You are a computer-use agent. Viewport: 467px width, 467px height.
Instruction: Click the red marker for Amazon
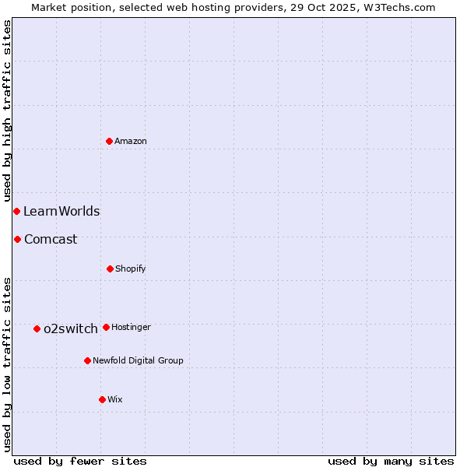coord(109,141)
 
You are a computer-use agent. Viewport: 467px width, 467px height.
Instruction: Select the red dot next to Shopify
coord(110,269)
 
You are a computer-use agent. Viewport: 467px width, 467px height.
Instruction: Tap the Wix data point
coord(102,399)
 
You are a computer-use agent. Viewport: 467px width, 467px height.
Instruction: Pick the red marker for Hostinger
coord(106,327)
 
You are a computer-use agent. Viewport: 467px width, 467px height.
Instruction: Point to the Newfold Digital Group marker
coord(87,360)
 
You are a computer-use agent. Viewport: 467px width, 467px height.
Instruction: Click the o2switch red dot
coord(37,328)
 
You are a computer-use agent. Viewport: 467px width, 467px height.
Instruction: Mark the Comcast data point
coord(17,239)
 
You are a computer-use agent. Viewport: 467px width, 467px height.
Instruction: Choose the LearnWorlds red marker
coord(16,211)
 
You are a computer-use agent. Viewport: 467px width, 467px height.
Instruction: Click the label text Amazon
coord(131,141)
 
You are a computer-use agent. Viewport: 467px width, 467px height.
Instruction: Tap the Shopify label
coord(131,269)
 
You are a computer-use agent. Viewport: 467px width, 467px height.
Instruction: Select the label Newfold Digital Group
coord(138,360)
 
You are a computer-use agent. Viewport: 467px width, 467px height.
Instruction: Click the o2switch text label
coord(71,328)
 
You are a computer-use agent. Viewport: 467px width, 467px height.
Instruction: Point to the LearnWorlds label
coord(61,211)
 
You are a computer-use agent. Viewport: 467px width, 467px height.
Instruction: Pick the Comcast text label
coord(51,239)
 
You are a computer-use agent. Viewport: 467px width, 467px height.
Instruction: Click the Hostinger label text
coord(131,327)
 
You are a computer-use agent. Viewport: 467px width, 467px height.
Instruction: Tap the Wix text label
coord(115,399)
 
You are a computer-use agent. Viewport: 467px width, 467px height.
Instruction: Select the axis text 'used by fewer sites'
coord(80,461)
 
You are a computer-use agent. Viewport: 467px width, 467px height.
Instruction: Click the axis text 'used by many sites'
coord(391,461)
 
